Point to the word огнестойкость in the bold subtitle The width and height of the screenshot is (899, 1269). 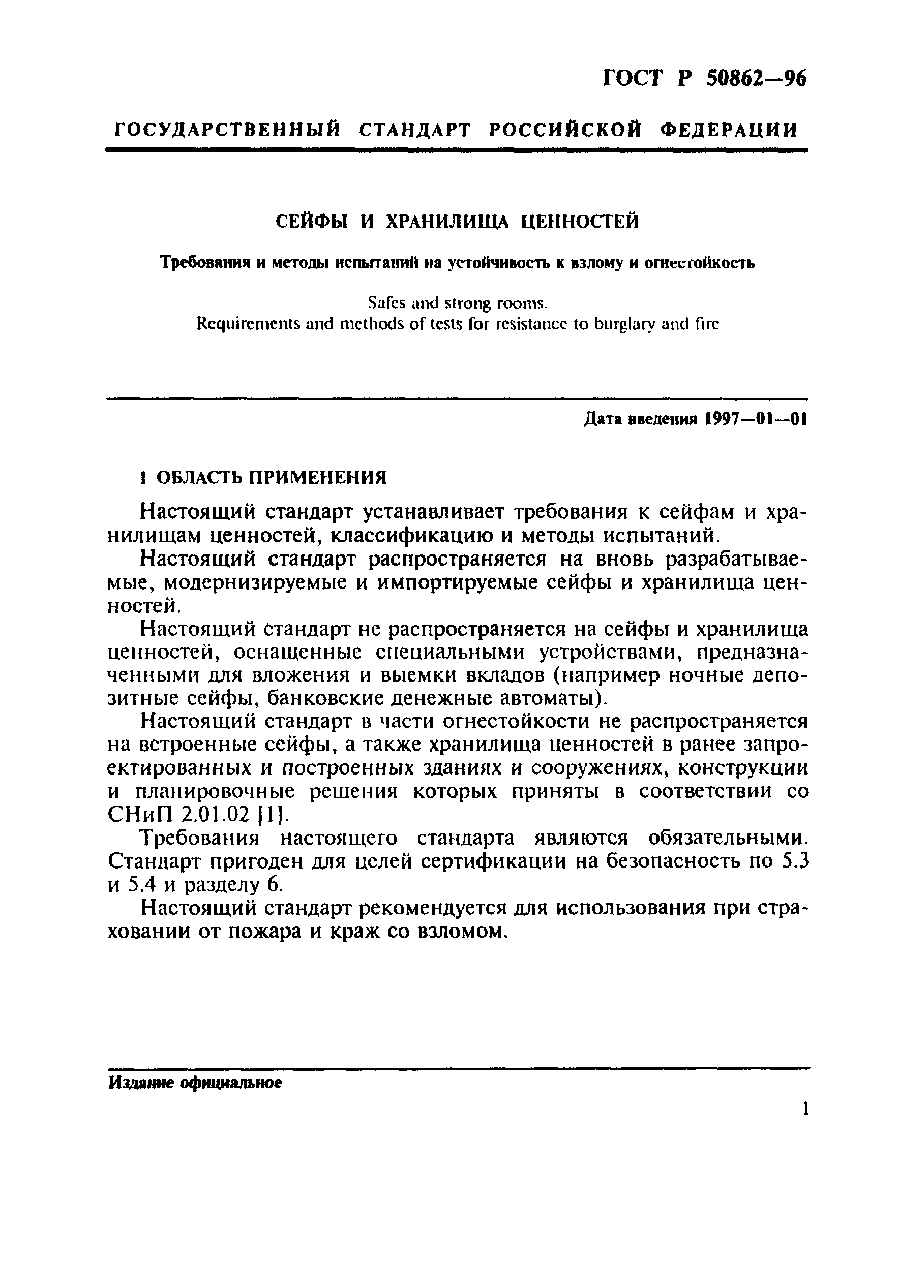(699, 263)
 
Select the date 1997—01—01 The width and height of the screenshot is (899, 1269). (756, 420)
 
